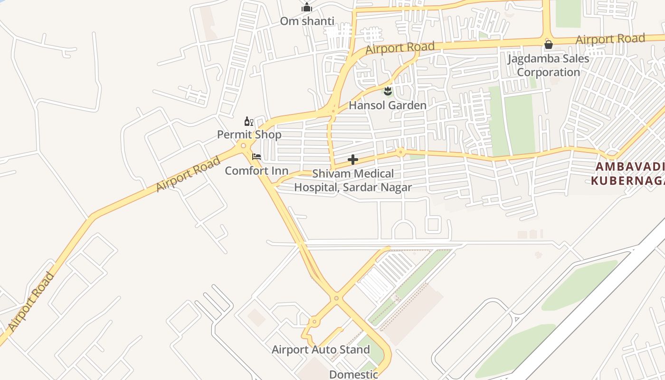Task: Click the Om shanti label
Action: [x=307, y=21]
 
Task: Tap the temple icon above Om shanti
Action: [x=307, y=8]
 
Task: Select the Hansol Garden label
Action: [x=388, y=105]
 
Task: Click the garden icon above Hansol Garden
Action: [x=388, y=90]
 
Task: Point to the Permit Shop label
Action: [x=249, y=134]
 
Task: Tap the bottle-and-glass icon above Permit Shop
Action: [x=248, y=122]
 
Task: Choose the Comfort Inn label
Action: [x=256, y=171]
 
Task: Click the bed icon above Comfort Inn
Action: [x=256, y=156]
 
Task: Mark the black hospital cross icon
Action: [x=352, y=160]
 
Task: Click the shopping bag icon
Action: [x=548, y=45]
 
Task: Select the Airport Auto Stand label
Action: [x=321, y=350]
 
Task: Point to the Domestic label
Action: [x=353, y=374]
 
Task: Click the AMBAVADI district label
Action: [x=629, y=167]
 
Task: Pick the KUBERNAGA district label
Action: [x=627, y=181]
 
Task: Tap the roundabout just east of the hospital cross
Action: [x=401, y=152]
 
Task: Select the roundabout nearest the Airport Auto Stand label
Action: [x=314, y=322]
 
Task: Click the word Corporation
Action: [x=548, y=72]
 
